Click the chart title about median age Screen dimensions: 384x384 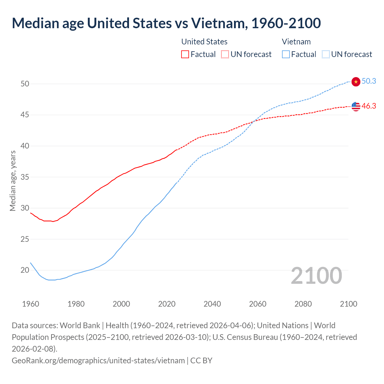tap(166, 23)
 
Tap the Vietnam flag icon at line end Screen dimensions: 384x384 tap(355, 82)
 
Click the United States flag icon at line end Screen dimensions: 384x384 tap(355, 106)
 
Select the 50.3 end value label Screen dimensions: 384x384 tap(369, 81)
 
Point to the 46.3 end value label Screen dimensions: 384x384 tap(369, 106)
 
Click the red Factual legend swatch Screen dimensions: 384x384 tap(185, 54)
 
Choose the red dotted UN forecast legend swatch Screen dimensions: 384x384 tap(225, 54)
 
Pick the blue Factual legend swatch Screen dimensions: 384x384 tap(286, 54)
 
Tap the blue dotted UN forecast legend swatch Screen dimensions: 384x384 tap(325, 54)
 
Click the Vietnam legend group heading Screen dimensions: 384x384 tap(296, 42)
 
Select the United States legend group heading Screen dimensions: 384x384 tap(204, 42)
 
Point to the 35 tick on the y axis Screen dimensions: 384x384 tap(25, 177)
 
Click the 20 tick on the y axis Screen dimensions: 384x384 tap(25, 270)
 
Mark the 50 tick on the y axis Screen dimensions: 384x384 tap(25, 84)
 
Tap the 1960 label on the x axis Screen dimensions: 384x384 tap(31, 304)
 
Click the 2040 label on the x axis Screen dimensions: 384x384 tap(212, 304)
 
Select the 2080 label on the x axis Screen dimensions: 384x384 tap(303, 304)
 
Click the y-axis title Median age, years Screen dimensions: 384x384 tap(13, 181)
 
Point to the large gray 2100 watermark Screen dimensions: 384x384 tap(316, 276)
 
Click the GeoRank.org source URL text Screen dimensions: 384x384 tap(98, 360)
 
